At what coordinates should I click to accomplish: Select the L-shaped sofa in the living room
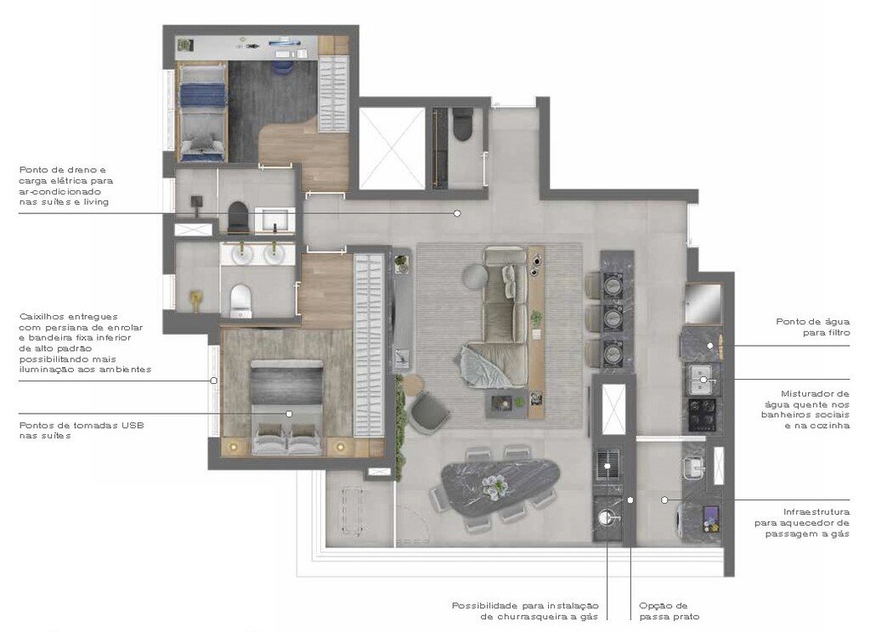501,314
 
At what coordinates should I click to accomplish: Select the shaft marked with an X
391,148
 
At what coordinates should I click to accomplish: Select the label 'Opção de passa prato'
669,611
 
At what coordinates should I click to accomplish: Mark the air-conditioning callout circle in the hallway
457,213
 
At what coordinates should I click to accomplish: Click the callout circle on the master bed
289,414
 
